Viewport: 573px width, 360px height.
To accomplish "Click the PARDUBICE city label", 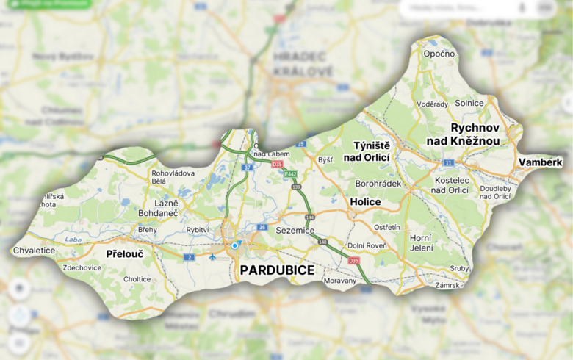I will coord(277,270).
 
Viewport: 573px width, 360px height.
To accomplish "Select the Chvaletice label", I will coord(34,250).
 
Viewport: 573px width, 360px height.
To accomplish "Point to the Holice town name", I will coord(365,201).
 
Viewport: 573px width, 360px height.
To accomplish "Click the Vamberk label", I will coord(540,162).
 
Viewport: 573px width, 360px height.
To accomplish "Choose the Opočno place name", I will coord(439,54).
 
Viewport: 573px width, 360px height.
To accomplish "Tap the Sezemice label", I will coord(295,230).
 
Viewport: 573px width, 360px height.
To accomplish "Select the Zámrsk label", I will coord(447,284).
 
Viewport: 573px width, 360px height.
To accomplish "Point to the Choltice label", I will coord(137,279).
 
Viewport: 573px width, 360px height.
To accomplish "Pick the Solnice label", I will coord(469,103).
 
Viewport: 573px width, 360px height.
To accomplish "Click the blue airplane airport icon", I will coord(213,257).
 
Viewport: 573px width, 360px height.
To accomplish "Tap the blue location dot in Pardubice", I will coord(234,245).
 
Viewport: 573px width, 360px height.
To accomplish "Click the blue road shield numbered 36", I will coord(262,228).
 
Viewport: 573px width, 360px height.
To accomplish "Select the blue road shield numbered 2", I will coord(189,257).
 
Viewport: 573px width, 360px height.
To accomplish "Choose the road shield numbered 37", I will coord(248,168).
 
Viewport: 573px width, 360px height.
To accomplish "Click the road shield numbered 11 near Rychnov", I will coord(448,162).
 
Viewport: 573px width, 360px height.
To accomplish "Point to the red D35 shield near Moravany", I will coord(354,261).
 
